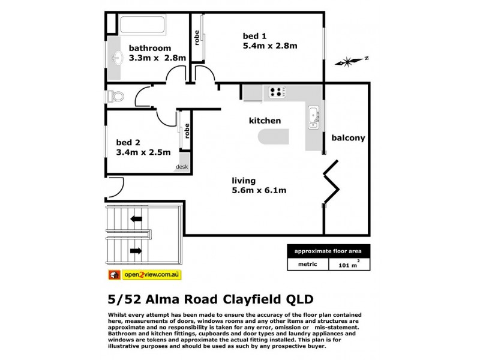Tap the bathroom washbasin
coord(117,58)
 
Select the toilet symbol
coord(115,96)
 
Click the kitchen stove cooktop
coord(276,92)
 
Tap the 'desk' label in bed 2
coord(181,167)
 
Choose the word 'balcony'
coord(348,137)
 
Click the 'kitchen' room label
coord(265,121)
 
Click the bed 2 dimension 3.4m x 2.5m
coord(143,152)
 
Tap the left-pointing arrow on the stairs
coord(136,219)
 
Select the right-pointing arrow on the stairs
coord(136,250)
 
